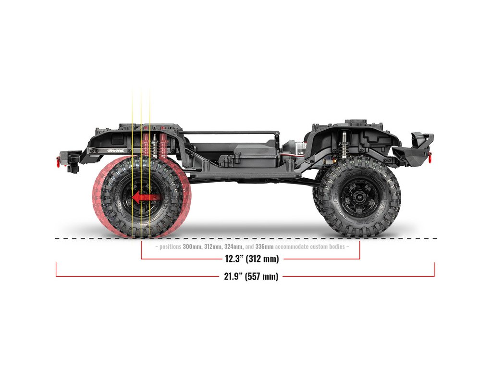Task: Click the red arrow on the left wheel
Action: [145, 197]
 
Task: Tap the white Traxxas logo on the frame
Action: [115, 150]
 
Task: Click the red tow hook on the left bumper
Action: [59, 160]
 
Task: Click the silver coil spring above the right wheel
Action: [344, 144]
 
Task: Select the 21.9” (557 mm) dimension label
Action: [251, 276]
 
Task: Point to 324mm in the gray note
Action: [233, 246]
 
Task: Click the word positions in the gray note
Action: [170, 246]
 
